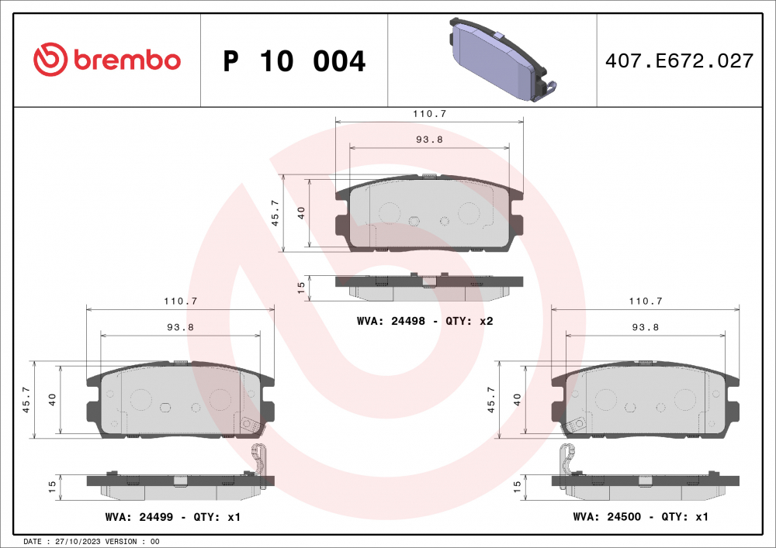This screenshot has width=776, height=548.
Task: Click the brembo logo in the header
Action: (106, 60)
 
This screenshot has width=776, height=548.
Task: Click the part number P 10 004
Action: (294, 61)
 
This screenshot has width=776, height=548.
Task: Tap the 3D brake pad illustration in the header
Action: (497, 60)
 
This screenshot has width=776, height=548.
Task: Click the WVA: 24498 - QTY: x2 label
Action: (425, 320)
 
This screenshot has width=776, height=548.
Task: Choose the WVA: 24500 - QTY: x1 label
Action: (640, 516)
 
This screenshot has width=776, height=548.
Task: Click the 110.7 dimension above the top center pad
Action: (429, 113)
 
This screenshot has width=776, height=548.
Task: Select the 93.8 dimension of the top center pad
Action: (429, 140)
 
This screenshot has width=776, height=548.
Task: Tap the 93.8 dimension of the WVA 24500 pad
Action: (645, 327)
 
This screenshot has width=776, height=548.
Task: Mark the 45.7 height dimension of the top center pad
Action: (274, 212)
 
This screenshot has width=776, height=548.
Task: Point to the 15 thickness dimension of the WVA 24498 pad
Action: (301, 287)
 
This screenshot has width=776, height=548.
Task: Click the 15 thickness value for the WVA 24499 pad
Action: (52, 487)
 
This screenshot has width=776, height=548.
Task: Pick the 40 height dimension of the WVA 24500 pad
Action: (518, 400)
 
